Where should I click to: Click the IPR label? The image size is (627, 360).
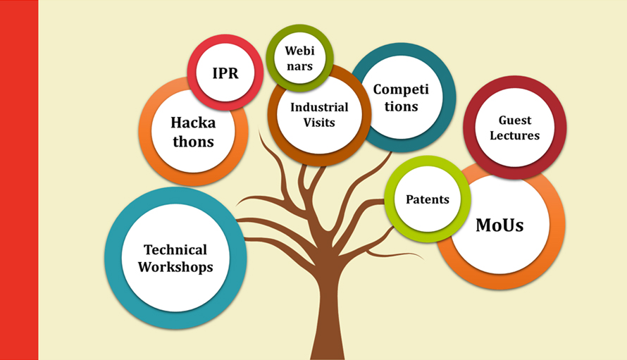225,73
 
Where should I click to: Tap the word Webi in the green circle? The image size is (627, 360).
299,51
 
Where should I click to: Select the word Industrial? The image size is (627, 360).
319,107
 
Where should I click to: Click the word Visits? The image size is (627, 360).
318,123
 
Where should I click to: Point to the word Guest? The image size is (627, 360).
515,120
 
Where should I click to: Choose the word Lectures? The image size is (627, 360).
515,135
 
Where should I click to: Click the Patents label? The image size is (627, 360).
428,199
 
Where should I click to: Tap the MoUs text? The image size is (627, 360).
499,225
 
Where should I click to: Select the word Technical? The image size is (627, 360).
175,249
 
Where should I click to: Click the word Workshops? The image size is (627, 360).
175,267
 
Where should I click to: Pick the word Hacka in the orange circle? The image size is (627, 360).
193,123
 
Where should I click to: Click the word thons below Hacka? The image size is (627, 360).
193,142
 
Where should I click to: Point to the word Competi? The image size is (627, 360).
401,89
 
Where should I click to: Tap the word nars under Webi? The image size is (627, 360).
299,66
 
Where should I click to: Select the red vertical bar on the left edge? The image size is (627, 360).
19,180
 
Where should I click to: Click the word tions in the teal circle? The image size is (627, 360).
401,107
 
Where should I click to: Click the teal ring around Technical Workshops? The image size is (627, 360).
113,258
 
